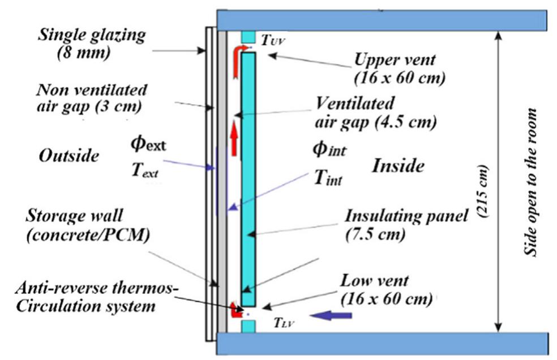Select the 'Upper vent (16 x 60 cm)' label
(x=400, y=68)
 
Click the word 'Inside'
(x=398, y=166)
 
